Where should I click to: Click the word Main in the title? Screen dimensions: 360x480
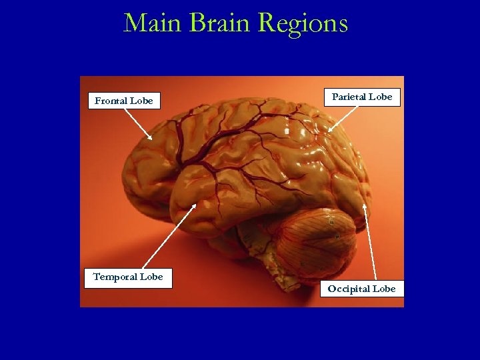click(x=153, y=23)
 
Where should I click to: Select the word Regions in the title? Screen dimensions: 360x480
click(x=303, y=25)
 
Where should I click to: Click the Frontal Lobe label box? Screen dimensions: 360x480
click(x=124, y=101)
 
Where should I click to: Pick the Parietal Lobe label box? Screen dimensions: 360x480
click(x=362, y=97)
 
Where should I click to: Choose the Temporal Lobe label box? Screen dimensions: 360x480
click(x=128, y=277)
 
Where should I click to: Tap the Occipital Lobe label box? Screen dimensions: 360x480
click(x=361, y=289)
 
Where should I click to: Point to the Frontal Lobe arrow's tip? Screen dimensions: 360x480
click(x=152, y=139)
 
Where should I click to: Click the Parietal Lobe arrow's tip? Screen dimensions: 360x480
click(x=329, y=130)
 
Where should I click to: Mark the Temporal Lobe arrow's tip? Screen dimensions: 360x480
click(x=195, y=204)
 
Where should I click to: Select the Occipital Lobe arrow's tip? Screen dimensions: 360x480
click(x=364, y=204)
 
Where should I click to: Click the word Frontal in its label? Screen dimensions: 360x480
click(x=112, y=101)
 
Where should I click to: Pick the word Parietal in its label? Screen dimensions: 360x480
click(x=349, y=97)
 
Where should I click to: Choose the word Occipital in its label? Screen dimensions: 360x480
click(x=348, y=289)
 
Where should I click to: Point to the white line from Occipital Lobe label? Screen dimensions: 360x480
click(x=370, y=243)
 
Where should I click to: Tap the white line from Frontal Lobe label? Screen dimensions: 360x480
click(x=138, y=123)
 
